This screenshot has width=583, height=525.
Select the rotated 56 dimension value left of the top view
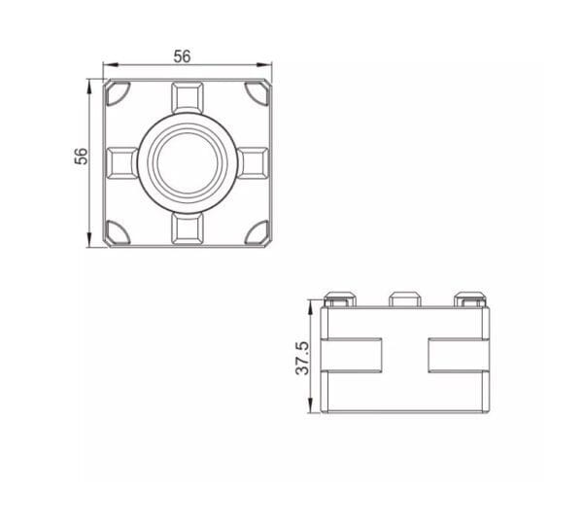point(83,157)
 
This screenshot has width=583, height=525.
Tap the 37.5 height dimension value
point(302,357)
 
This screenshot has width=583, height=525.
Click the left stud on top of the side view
point(338,297)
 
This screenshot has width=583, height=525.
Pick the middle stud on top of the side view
point(403,297)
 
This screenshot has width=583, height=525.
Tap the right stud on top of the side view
point(468,297)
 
